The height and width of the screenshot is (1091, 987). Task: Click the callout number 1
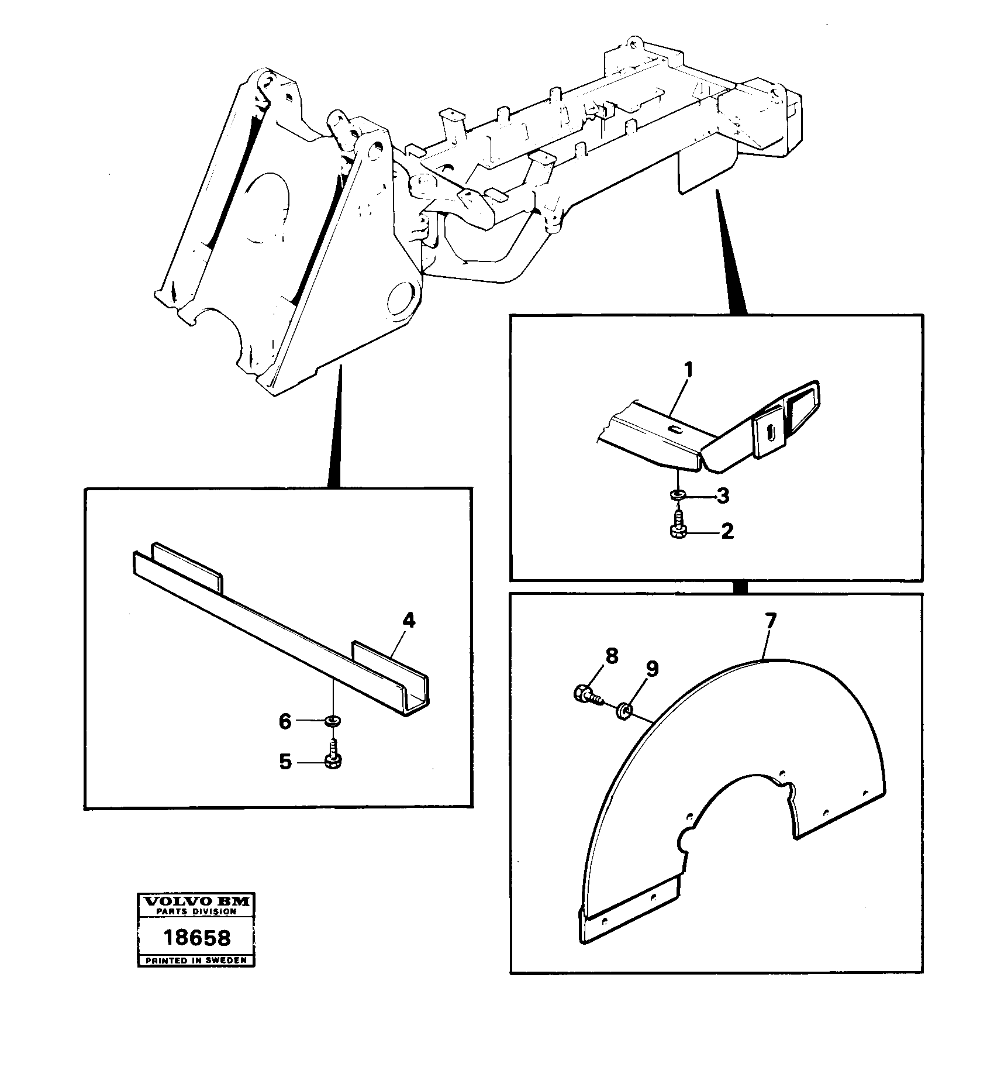pyautogui.click(x=688, y=370)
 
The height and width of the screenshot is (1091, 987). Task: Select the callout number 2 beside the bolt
pyautogui.click(x=727, y=531)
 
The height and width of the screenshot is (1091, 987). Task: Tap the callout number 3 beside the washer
pyautogui.click(x=723, y=497)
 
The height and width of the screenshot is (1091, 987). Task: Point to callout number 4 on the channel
pyautogui.click(x=409, y=621)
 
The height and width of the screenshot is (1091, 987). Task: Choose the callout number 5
pyautogui.click(x=285, y=762)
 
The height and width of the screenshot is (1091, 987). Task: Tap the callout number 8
pyautogui.click(x=611, y=656)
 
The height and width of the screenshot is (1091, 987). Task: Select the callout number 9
pyautogui.click(x=652, y=669)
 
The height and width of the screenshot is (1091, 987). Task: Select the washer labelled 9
pyautogui.click(x=624, y=711)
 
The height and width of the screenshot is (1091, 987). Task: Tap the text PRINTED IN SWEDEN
pyautogui.click(x=196, y=961)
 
